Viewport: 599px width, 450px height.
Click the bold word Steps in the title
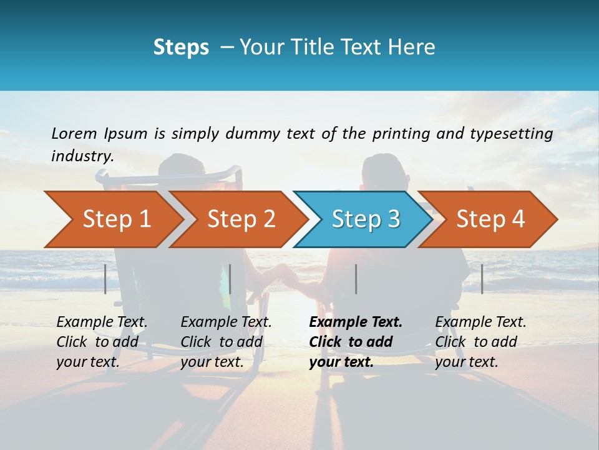coord(181,47)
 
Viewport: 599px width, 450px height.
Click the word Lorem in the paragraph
coord(74,133)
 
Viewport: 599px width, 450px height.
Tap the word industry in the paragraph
coord(82,156)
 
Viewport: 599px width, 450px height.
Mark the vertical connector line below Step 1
coord(105,279)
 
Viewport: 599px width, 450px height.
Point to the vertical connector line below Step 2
coord(230,279)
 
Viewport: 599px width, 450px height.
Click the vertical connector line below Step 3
coord(356,279)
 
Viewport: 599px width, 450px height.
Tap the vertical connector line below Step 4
coord(482,279)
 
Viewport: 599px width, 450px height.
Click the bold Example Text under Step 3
coord(356,322)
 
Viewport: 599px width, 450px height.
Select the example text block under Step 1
coord(102,342)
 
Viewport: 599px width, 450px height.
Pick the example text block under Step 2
coord(226,342)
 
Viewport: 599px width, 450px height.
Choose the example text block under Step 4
coord(480,342)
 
